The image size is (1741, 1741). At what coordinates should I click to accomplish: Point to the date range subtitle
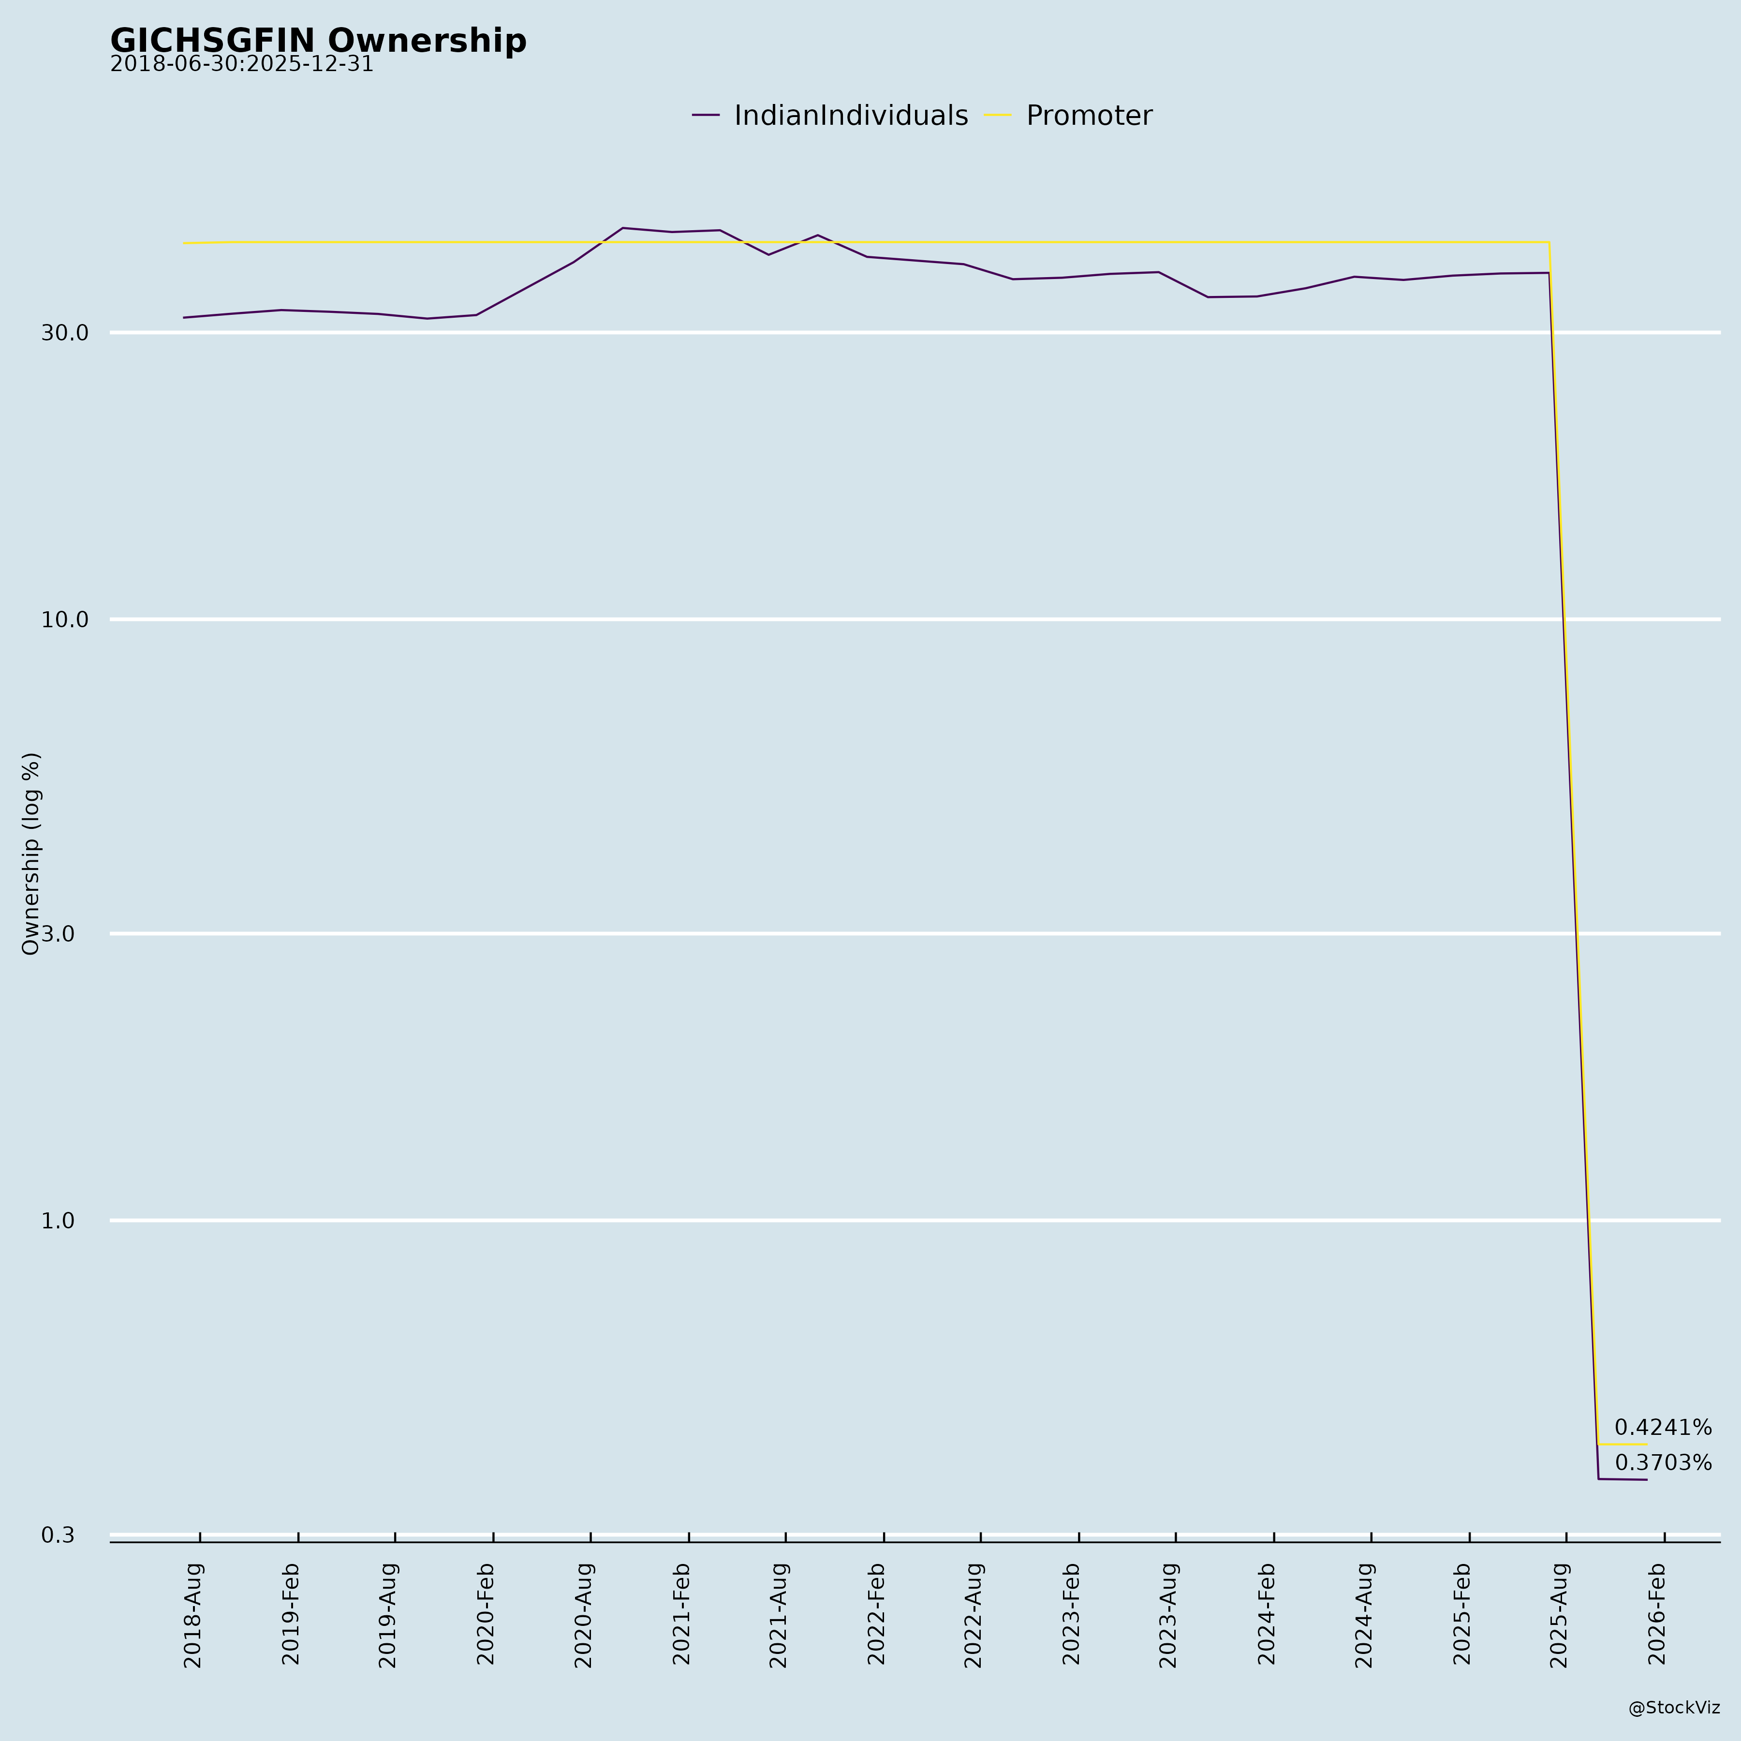point(241,65)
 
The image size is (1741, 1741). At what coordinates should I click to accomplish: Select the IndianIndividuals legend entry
point(850,116)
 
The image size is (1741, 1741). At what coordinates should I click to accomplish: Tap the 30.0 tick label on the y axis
point(65,333)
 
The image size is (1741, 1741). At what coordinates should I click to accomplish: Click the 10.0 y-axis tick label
point(65,619)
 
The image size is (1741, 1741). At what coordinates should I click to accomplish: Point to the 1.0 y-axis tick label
point(59,1221)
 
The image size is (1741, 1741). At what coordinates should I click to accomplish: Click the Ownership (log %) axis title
point(31,854)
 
